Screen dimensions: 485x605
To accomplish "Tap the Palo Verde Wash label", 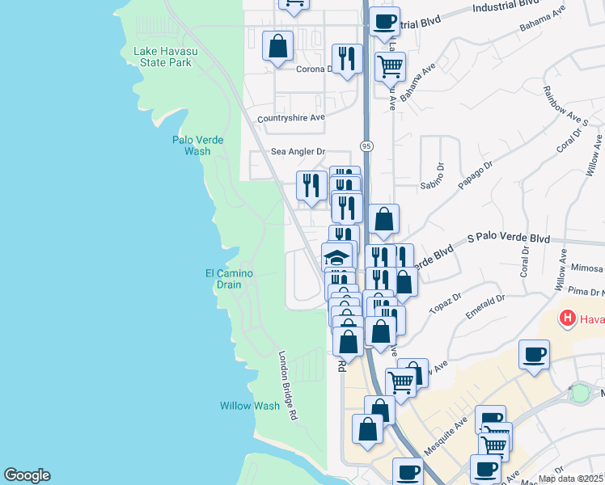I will pyautogui.click(x=197, y=145).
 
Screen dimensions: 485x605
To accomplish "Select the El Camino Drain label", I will pyautogui.click(x=229, y=279).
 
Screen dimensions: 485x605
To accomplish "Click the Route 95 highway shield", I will pyautogui.click(x=367, y=145).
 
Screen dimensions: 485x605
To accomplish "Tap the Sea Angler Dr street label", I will pyautogui.click(x=298, y=151).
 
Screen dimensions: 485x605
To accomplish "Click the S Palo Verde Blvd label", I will pyautogui.click(x=509, y=239).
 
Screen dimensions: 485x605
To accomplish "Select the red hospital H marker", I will pyautogui.click(x=568, y=318).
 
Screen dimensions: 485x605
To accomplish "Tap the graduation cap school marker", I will pyautogui.click(x=336, y=257).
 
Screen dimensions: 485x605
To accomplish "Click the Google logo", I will pyautogui.click(x=27, y=475).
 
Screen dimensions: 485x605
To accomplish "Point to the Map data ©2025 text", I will pyautogui.click(x=571, y=479).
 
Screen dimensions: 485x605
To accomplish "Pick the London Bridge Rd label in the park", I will pyautogui.click(x=287, y=385).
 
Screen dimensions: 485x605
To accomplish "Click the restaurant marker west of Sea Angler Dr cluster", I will pyautogui.click(x=311, y=186).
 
